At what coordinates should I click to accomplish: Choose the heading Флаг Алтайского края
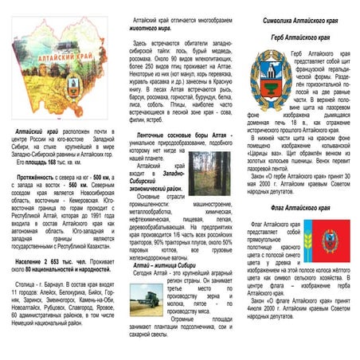[x=301, y=207]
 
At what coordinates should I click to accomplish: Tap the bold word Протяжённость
[x=34, y=177]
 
